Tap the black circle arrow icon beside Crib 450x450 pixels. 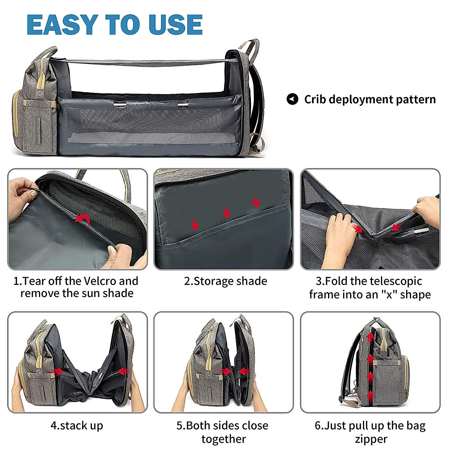[x=292, y=99]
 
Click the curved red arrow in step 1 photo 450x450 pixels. [x=83, y=219]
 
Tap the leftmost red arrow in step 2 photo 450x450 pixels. [x=195, y=224]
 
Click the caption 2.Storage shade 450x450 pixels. [x=225, y=281]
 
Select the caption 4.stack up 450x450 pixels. [x=76, y=426]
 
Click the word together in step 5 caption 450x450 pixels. [x=223, y=439]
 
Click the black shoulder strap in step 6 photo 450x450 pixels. [x=347, y=375]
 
